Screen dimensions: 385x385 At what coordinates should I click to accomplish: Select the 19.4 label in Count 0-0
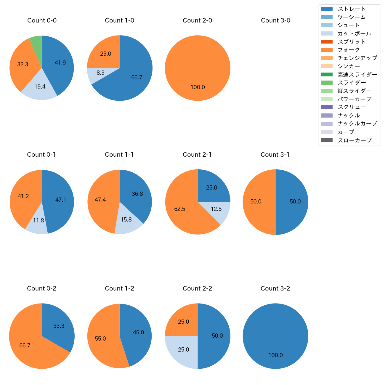click(40, 87)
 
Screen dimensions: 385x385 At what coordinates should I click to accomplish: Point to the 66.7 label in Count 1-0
click(137, 78)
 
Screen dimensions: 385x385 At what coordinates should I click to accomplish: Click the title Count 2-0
click(198, 20)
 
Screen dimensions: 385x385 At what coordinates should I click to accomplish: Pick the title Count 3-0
click(275, 20)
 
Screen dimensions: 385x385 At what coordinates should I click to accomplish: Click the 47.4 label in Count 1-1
click(100, 200)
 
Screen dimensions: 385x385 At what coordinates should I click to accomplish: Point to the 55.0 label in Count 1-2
click(100, 339)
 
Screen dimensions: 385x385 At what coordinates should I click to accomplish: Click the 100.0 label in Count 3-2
click(276, 355)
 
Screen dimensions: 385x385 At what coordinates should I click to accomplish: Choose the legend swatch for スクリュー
click(327, 107)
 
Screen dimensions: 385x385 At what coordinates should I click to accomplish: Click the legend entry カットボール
click(354, 33)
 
